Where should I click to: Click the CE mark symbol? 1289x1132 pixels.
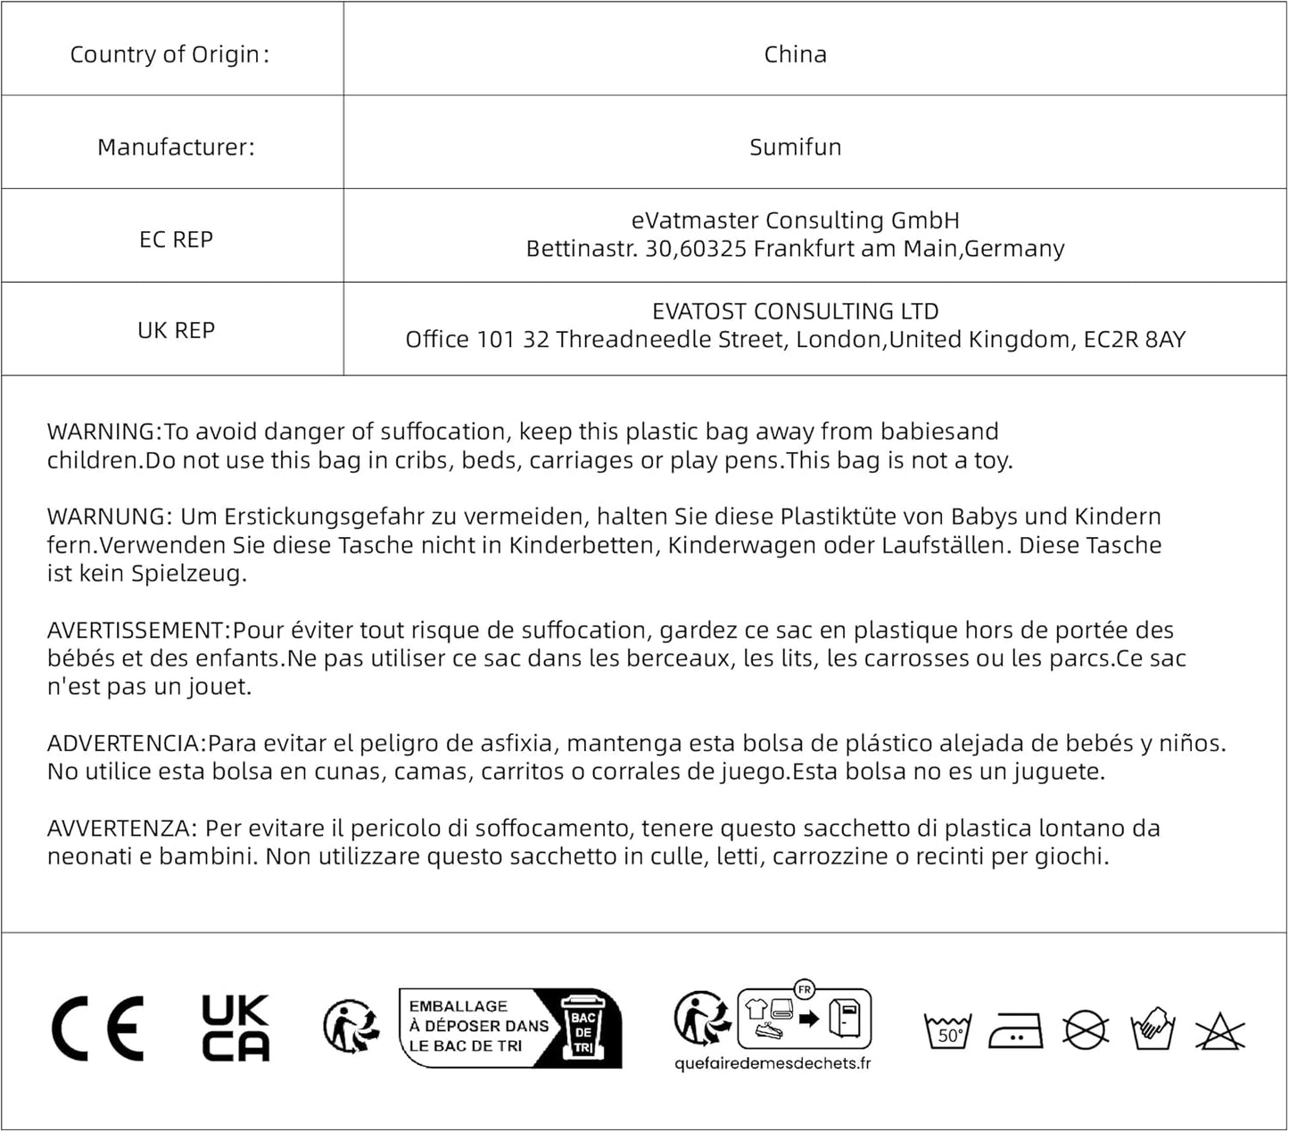point(97,1029)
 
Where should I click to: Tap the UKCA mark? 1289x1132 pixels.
point(235,1029)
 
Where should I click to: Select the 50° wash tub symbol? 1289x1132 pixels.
point(947,1031)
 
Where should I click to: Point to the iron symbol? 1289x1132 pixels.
point(1016,1031)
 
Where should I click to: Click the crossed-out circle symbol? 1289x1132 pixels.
point(1085,1031)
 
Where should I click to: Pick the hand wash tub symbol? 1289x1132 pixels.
point(1153,1029)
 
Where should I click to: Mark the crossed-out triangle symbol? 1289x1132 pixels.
point(1219,1031)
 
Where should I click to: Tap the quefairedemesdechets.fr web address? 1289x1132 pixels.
point(773,1063)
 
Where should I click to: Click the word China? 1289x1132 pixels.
point(795,54)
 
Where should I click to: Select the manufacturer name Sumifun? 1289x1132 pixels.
point(795,147)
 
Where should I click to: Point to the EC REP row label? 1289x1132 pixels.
point(176,240)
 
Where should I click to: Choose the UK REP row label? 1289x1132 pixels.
point(176,331)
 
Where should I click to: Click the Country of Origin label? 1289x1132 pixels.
point(169,54)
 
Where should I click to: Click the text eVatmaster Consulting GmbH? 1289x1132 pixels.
point(795,220)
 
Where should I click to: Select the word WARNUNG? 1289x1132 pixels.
point(106,516)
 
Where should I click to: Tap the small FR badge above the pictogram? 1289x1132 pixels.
point(805,989)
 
